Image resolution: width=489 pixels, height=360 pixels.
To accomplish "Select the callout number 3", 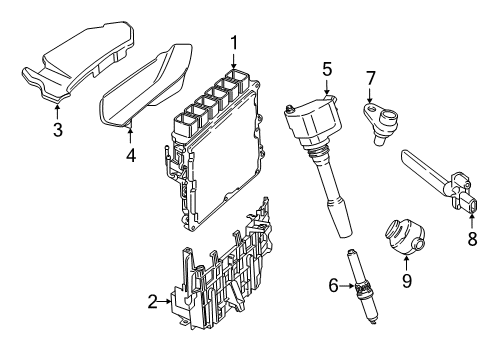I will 57,131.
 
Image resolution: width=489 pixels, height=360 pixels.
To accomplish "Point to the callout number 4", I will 130,155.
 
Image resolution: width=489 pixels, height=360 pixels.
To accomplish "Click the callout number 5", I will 326,68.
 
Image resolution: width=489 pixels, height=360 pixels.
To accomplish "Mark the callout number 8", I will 473,239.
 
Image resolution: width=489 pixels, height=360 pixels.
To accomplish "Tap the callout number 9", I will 407,282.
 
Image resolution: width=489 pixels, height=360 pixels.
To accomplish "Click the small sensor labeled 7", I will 378,123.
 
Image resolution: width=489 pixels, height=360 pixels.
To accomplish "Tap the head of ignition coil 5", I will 321,116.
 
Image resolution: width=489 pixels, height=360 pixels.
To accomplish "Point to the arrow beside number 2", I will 169,301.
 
